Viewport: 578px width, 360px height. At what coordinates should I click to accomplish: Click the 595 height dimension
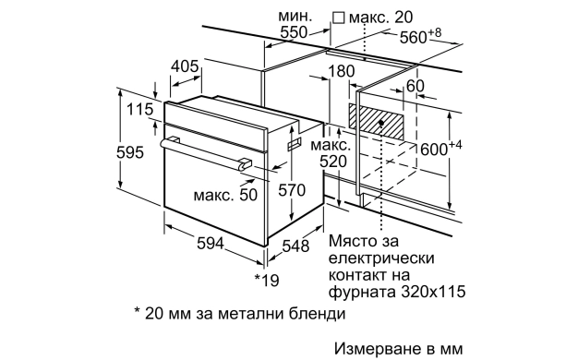133,155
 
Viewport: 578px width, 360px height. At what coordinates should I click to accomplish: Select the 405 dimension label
186,66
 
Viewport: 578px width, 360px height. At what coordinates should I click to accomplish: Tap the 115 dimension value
139,111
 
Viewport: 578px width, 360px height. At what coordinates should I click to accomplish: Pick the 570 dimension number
292,189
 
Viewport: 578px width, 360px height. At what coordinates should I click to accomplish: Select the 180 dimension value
341,71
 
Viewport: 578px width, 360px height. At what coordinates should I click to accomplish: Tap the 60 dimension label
415,86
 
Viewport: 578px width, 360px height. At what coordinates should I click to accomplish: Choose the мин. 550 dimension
293,29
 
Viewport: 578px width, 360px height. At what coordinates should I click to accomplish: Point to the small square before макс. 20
338,17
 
